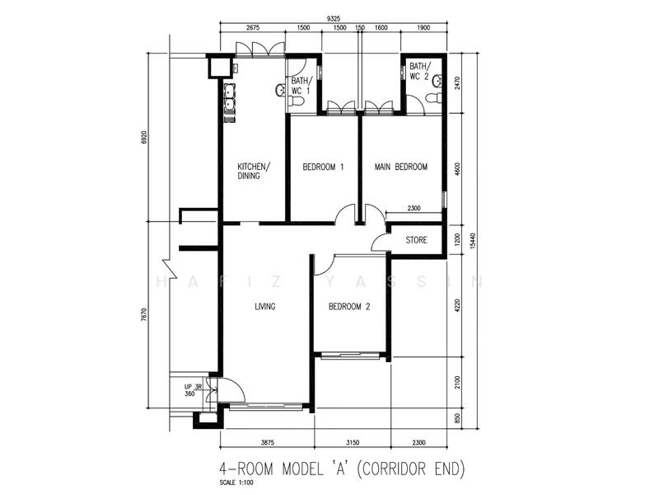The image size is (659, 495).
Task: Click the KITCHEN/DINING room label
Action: (254, 171)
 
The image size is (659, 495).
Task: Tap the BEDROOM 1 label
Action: (323, 167)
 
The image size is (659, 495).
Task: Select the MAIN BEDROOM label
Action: (400, 167)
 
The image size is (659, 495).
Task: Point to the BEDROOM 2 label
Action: (349, 307)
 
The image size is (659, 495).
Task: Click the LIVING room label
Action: (264, 307)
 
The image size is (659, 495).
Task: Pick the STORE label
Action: (416, 241)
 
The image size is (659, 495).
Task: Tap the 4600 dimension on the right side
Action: (457, 168)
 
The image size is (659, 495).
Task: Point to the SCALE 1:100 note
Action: (240, 483)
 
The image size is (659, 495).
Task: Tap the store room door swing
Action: (381, 240)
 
